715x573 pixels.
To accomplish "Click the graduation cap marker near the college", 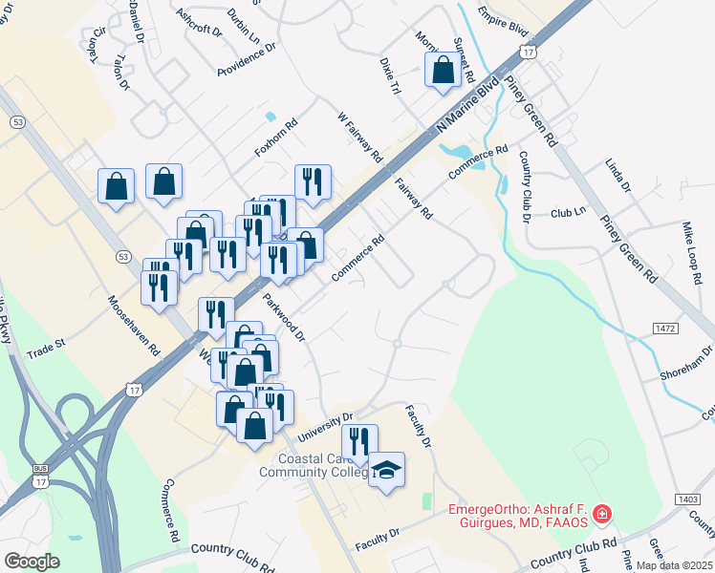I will click(x=386, y=470).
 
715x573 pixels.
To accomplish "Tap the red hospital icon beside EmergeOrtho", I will click(x=602, y=516).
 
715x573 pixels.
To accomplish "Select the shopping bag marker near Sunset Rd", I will click(x=444, y=70).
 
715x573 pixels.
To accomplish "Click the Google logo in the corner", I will click(x=32, y=561).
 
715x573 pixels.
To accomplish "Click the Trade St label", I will click(x=45, y=343).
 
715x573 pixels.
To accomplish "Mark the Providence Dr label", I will click(x=246, y=59).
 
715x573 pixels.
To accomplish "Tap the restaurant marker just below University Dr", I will click(x=359, y=441).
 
